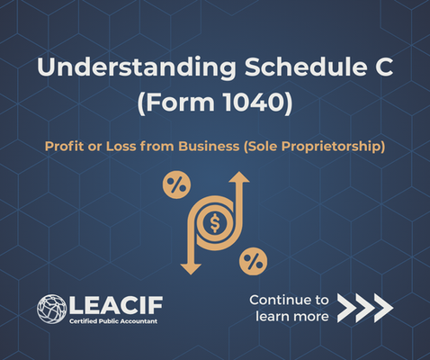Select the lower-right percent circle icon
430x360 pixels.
(x=253, y=261)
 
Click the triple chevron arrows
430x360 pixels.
(x=365, y=308)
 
